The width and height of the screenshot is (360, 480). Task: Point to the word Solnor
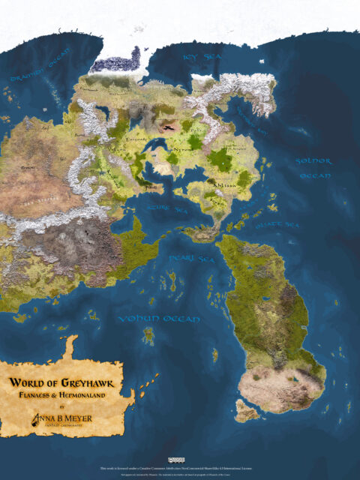(x=313, y=161)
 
